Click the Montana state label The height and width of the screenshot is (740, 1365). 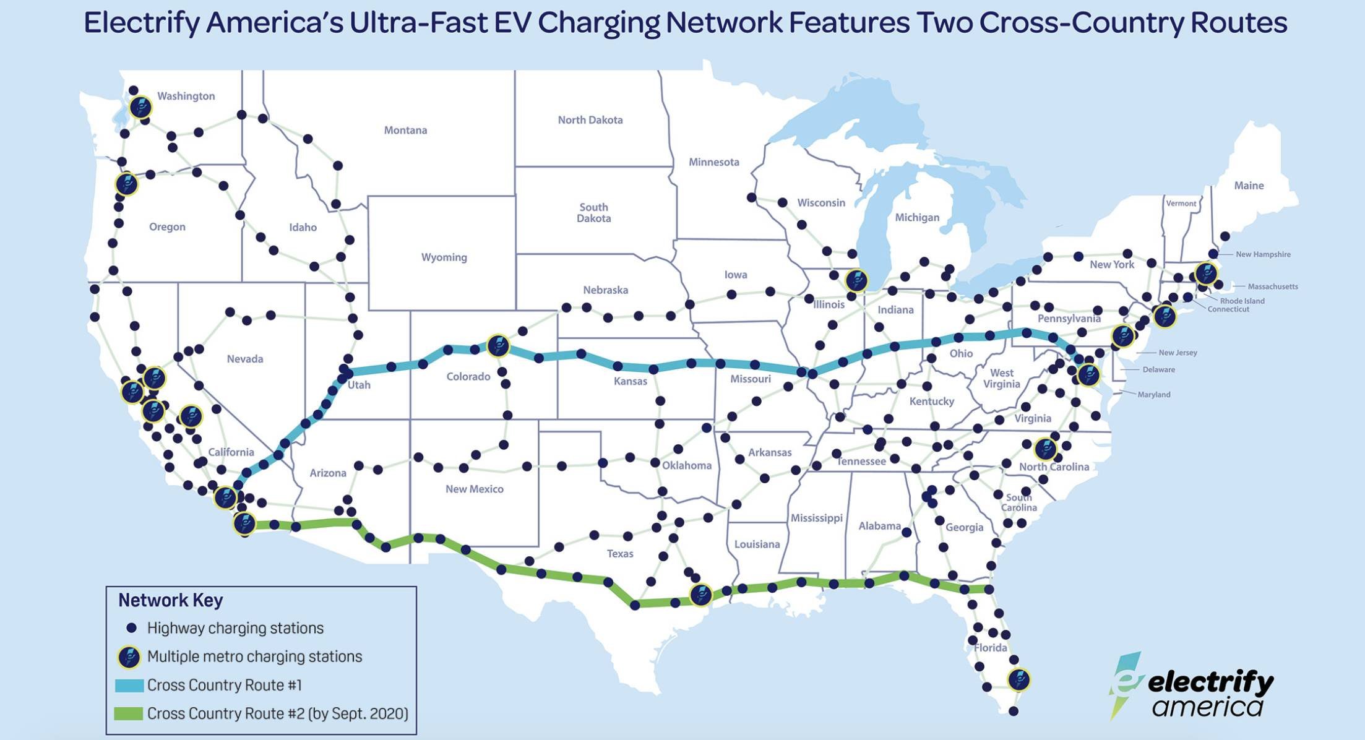point(405,130)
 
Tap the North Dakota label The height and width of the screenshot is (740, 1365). point(590,120)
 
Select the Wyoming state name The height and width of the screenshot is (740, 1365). point(444,257)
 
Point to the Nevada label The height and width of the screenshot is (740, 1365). point(244,359)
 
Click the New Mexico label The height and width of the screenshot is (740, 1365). point(474,489)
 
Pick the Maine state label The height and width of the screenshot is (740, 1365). point(1249,186)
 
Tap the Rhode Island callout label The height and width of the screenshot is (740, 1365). point(1242,301)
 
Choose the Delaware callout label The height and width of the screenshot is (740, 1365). point(1158,369)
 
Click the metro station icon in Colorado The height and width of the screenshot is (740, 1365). point(498,346)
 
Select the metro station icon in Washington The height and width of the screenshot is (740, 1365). point(140,108)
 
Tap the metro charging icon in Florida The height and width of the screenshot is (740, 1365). point(1018,679)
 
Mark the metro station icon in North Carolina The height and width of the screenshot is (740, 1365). point(1045,449)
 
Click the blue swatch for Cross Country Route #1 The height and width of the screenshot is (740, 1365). point(129,686)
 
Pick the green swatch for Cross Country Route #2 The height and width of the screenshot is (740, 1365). point(129,713)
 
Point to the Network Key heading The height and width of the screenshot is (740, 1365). point(170,600)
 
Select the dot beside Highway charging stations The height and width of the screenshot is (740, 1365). point(131,628)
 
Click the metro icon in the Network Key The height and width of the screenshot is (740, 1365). point(129,657)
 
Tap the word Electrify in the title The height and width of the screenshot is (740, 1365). point(142,23)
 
